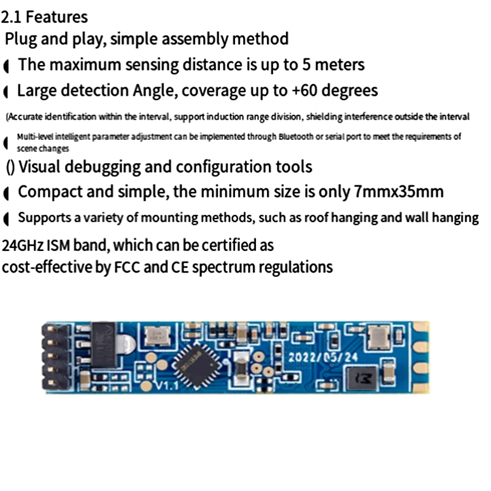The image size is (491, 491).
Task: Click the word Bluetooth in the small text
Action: (297, 137)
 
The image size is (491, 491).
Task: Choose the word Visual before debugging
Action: (51, 166)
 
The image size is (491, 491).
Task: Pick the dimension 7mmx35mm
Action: (399, 192)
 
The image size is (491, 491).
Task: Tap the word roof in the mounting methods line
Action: (344, 218)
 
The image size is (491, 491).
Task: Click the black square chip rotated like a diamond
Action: (195, 365)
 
